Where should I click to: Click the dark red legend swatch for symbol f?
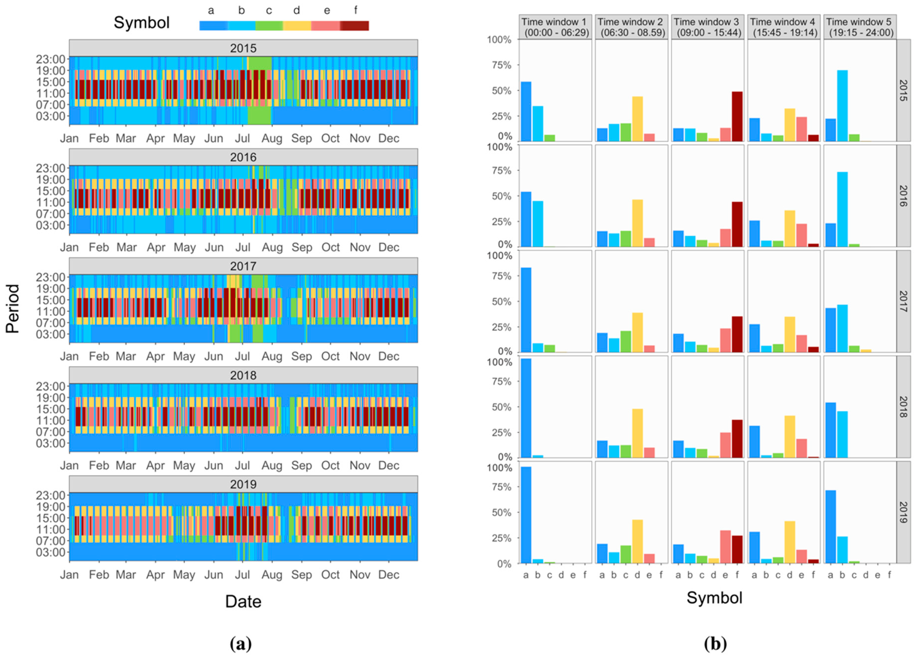click(355, 26)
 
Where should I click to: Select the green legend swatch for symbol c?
click(269, 26)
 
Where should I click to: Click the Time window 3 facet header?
click(708, 27)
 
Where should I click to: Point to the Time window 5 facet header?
click(860, 27)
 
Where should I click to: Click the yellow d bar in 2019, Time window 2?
click(638, 542)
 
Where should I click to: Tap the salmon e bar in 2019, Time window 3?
click(725, 547)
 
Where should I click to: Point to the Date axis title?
click(243, 601)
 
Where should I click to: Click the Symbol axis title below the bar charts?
click(715, 598)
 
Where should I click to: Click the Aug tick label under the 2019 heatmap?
click(272, 575)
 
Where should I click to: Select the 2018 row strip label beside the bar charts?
click(904, 407)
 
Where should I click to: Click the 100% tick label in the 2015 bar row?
click(499, 40)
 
